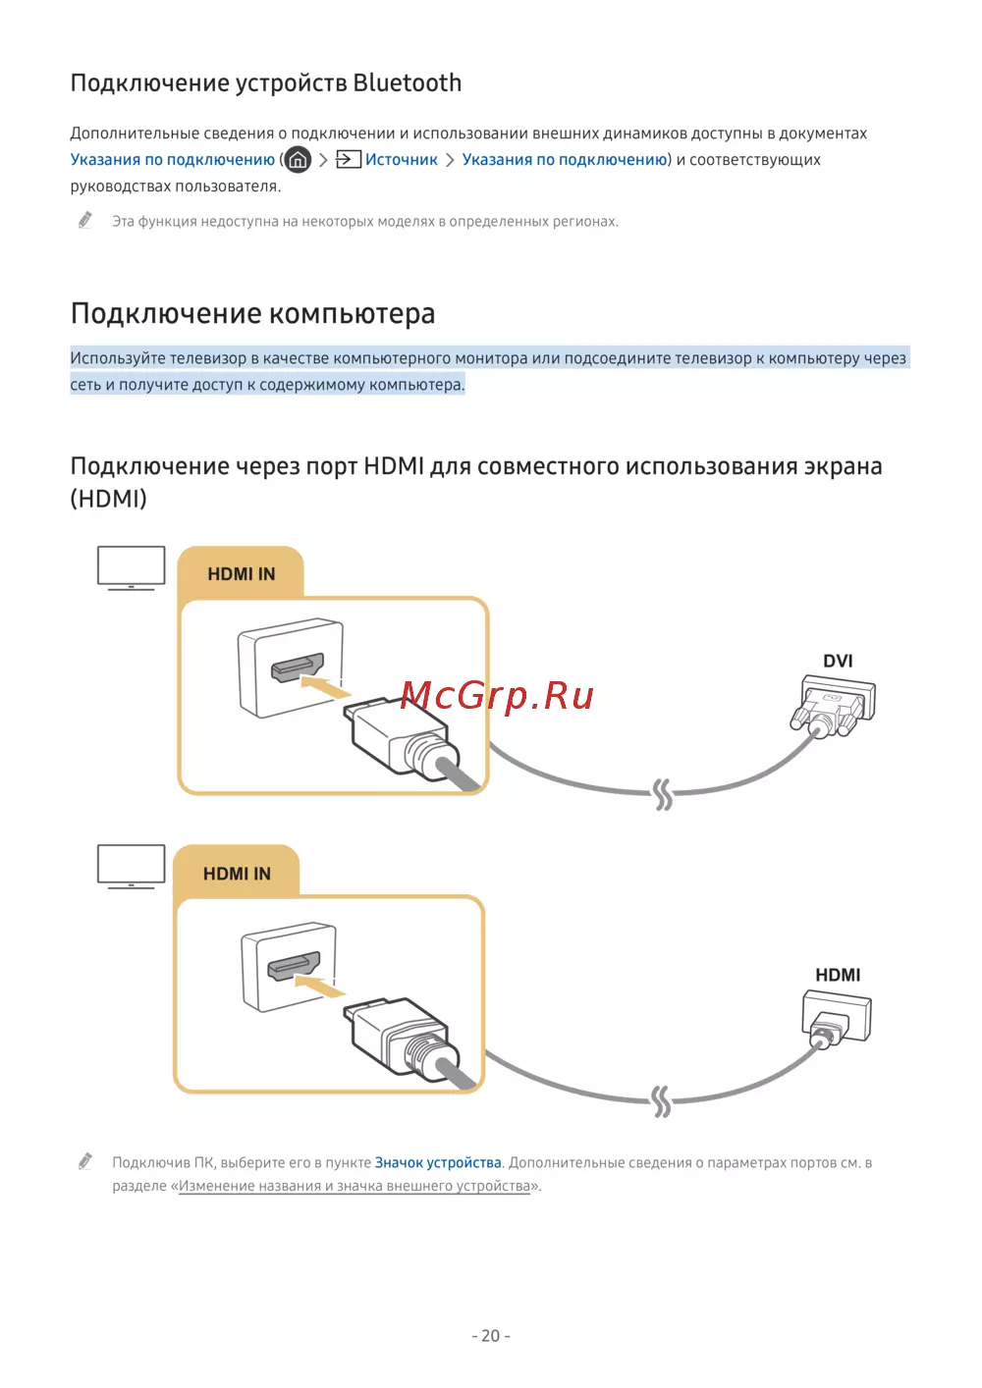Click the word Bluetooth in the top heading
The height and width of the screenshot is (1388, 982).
(407, 83)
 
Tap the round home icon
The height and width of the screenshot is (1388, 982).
(298, 159)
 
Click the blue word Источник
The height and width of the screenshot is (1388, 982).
(401, 160)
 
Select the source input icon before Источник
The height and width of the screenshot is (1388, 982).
(349, 159)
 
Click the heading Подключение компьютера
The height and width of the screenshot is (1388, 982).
(252, 314)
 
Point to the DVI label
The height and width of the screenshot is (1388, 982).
(838, 661)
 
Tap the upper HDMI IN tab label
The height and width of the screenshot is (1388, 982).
(241, 574)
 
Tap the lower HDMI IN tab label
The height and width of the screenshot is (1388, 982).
(237, 874)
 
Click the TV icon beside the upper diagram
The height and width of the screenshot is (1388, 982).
(131, 567)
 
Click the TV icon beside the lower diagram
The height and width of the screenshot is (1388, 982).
(131, 866)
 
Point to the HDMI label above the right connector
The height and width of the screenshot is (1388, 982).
(838, 975)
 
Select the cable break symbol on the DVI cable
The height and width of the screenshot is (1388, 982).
(663, 793)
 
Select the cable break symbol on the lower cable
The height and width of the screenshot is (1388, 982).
(662, 1101)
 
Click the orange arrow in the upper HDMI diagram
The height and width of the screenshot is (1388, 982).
(324, 686)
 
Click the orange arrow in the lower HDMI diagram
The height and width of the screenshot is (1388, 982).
(319, 986)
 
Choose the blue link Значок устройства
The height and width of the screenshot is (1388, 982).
(438, 1163)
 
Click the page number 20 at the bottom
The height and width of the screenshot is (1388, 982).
(491, 1336)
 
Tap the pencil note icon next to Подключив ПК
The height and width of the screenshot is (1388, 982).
(86, 1162)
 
